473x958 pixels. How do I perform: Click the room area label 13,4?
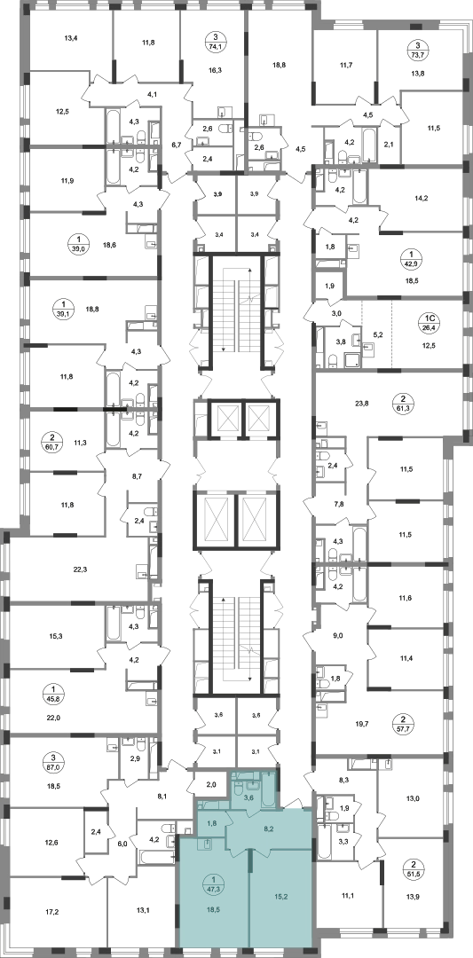[x=72, y=38]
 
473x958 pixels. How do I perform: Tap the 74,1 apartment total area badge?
[x=215, y=44]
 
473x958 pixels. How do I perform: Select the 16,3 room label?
[x=215, y=70]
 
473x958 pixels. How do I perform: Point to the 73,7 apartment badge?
[x=418, y=50]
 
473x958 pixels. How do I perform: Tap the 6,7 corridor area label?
[x=177, y=145]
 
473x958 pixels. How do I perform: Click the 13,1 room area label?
[x=144, y=910]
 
